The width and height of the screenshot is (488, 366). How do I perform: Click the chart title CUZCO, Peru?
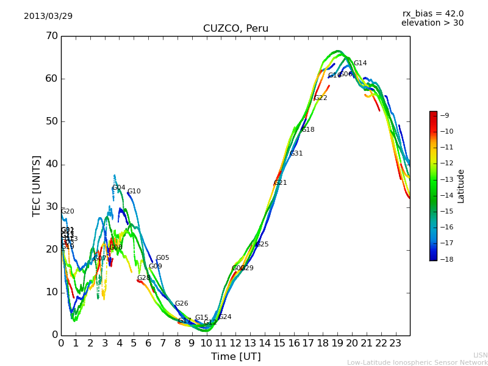(x=235, y=29)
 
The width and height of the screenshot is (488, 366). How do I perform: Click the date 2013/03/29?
(x=48, y=16)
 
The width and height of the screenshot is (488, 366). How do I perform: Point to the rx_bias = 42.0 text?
(x=432, y=13)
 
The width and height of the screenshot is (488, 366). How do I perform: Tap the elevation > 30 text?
(x=432, y=23)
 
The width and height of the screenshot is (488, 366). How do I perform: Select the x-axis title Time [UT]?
(x=235, y=357)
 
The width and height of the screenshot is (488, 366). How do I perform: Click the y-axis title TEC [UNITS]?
(x=37, y=185)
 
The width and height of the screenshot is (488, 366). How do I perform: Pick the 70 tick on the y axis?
(x=51, y=36)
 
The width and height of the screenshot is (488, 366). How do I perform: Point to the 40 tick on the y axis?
(x=51, y=164)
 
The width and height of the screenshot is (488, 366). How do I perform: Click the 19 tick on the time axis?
(x=337, y=343)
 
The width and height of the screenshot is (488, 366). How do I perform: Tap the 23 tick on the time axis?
(x=395, y=343)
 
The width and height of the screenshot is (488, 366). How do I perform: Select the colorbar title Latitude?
(x=461, y=186)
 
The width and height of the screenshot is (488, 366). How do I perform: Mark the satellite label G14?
(x=361, y=63)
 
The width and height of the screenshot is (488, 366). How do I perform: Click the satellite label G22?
(x=321, y=98)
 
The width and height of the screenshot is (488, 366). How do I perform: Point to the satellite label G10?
(x=134, y=192)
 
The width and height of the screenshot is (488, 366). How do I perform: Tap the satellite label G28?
(x=143, y=278)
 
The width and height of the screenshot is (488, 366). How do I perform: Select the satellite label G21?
(x=280, y=183)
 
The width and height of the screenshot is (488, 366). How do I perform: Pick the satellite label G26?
(x=182, y=304)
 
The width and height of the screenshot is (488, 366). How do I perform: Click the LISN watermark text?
(x=480, y=355)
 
